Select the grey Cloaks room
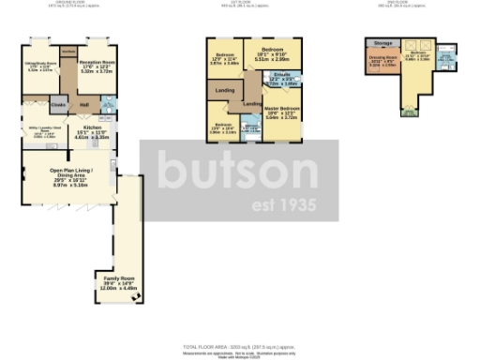(58, 105)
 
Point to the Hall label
(83, 104)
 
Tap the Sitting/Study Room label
(39, 67)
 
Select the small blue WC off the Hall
(106, 105)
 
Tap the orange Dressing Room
(382, 65)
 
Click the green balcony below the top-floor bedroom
(409, 114)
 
